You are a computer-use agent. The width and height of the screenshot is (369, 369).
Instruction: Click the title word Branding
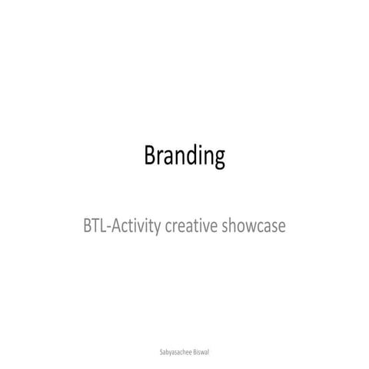[x=184, y=157]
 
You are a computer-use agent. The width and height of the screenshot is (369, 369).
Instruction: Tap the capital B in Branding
[x=150, y=156]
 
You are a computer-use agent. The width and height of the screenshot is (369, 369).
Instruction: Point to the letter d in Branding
[x=192, y=156]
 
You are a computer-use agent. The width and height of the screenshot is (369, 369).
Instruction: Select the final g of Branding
[x=219, y=159]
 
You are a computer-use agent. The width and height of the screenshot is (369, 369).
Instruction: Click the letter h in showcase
[x=231, y=227]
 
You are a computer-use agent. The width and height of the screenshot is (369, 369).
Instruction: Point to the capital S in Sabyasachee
[x=158, y=350]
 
